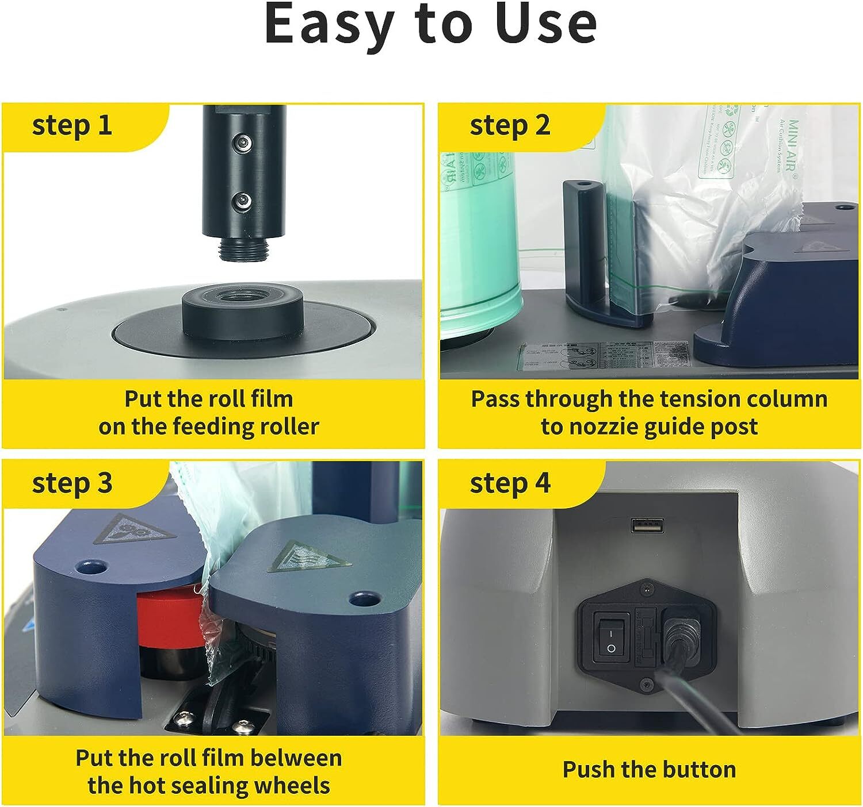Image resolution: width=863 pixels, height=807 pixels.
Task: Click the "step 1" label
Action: [x=72, y=125]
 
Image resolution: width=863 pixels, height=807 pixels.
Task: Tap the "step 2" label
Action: [x=510, y=125]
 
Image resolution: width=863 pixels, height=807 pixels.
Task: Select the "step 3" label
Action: [x=72, y=483]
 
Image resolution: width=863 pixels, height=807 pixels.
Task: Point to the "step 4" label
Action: [x=510, y=483]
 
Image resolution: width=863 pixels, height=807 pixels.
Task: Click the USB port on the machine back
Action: [x=647, y=525]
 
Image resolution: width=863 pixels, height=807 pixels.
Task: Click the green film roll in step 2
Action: [x=480, y=241]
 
